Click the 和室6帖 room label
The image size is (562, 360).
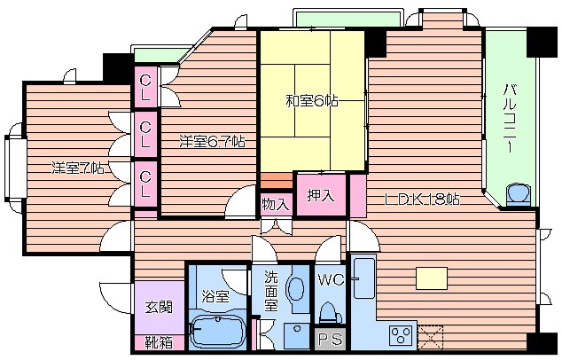(311, 101)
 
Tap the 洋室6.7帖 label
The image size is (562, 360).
(213, 142)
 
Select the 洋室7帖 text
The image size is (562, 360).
(78, 168)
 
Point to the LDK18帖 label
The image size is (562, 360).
(422, 200)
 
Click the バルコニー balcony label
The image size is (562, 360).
(510, 118)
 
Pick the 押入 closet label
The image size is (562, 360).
(321, 196)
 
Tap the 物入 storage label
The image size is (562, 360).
(276, 204)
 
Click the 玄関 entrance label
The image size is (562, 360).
(159, 307)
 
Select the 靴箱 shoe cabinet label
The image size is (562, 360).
(159, 343)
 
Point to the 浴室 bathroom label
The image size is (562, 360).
(215, 296)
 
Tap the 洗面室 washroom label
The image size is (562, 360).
(271, 291)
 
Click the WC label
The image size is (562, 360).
(331, 280)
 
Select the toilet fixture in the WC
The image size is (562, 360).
(330, 313)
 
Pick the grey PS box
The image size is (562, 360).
(331, 339)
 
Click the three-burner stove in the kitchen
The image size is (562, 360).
(401, 336)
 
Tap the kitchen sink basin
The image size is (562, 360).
(363, 278)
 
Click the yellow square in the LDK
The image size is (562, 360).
(432, 278)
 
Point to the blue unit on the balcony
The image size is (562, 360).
(519, 195)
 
